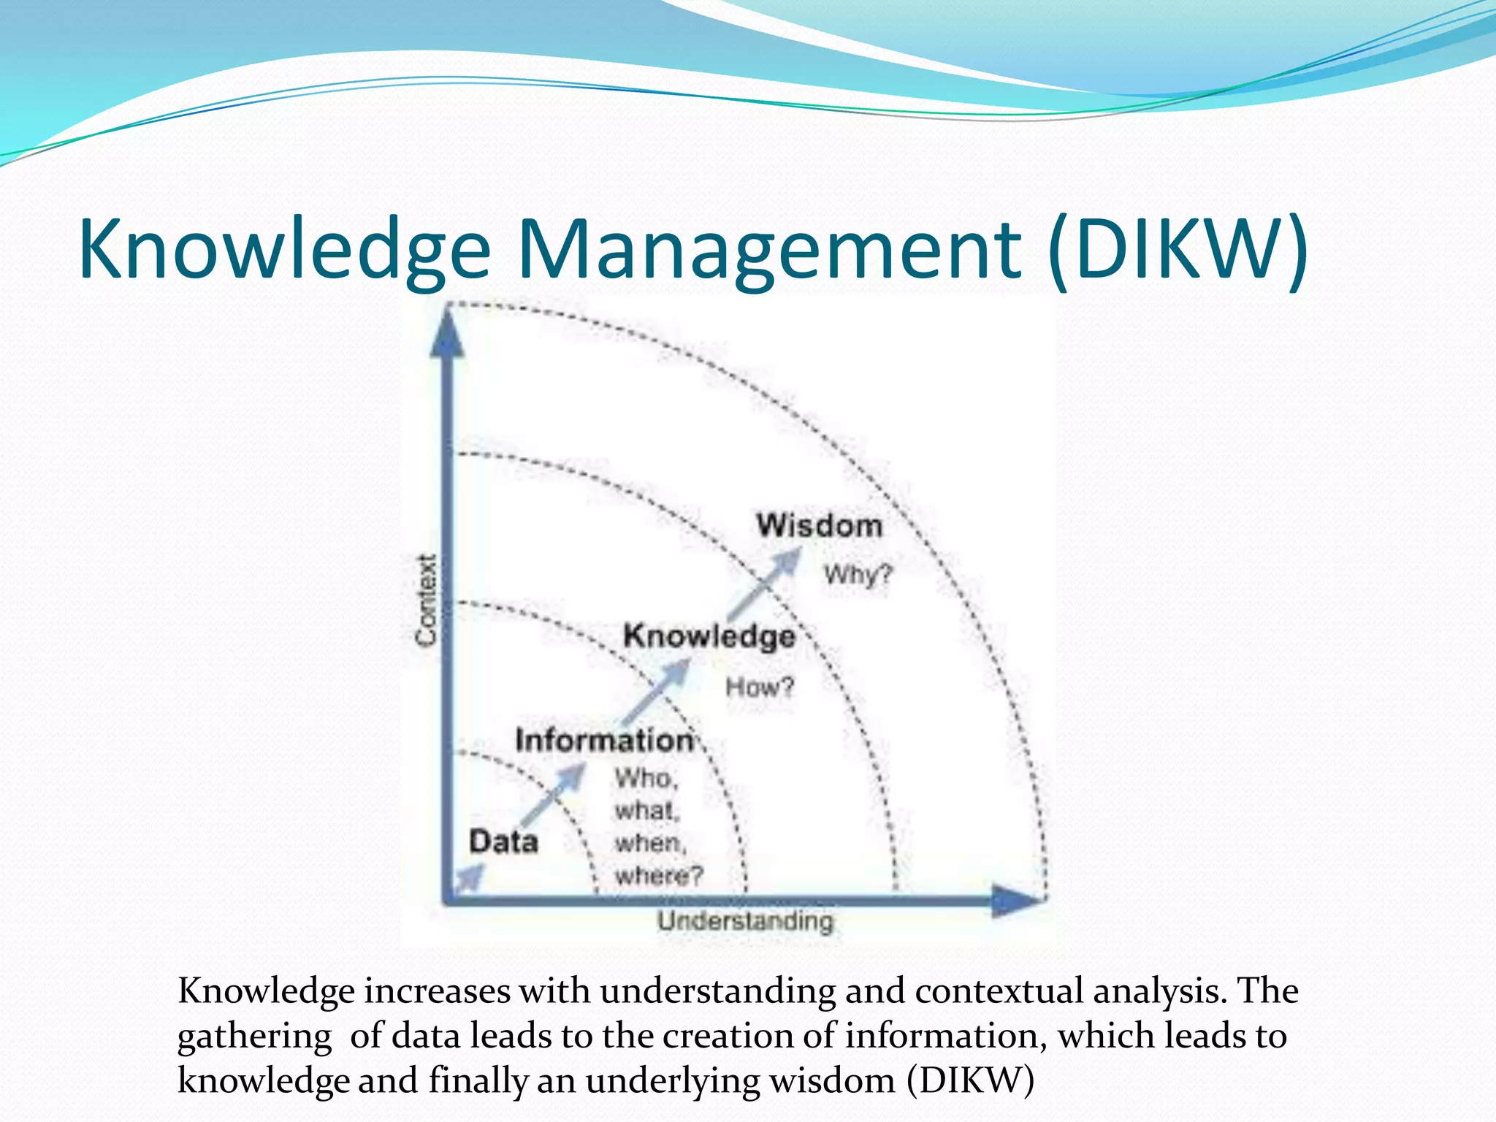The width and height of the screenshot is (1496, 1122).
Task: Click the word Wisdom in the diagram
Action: (x=819, y=526)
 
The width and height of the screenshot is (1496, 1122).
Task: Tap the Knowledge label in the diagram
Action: (x=709, y=636)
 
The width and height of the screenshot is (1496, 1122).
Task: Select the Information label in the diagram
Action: (x=604, y=741)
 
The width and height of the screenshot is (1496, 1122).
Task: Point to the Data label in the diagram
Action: (x=503, y=841)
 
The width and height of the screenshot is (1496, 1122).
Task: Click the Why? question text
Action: (x=858, y=576)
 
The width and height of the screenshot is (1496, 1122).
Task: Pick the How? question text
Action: (x=759, y=687)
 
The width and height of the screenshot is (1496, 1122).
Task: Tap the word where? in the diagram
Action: (x=659, y=875)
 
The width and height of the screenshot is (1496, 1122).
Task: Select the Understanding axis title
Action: (x=745, y=922)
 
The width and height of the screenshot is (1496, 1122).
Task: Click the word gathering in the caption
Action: (x=254, y=1037)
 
